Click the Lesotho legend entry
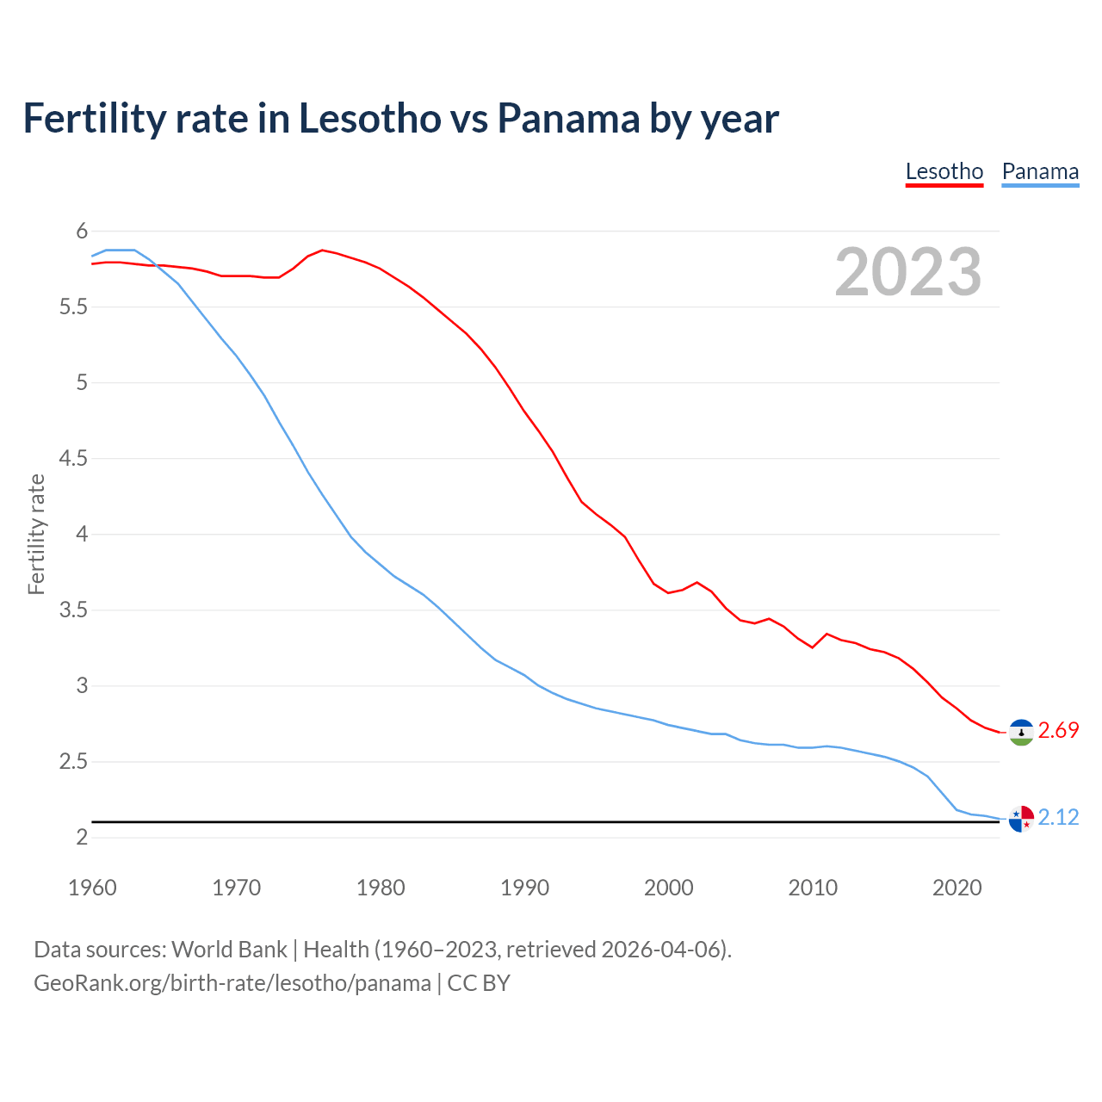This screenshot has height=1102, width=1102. coord(944,172)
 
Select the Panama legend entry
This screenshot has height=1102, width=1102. coord(1040,172)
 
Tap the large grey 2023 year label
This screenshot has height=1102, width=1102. coord(908,272)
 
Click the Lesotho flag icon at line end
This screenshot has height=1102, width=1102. coord(1021,732)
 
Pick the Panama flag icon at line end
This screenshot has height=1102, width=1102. coord(1021,819)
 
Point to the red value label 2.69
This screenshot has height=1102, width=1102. coord(1058,731)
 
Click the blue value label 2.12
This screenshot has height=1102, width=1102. coord(1058,818)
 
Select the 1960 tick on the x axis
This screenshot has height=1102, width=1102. coord(92,888)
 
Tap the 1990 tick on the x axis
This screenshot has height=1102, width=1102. coord(524,888)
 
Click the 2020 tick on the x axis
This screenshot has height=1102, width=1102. coord(957,888)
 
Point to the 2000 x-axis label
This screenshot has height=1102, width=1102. coord(668,888)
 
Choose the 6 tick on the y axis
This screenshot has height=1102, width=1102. coord(83,231)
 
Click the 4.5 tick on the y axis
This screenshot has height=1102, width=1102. coord(74,459)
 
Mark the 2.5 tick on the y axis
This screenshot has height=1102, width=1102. coord(74,762)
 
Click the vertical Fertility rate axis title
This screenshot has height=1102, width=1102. coord(36,534)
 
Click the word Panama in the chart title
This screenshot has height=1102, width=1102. coord(568,118)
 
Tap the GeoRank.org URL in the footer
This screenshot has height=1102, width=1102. coord(232,983)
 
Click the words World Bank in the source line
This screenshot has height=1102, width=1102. coord(229,950)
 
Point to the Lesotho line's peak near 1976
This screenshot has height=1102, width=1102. coord(322,250)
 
